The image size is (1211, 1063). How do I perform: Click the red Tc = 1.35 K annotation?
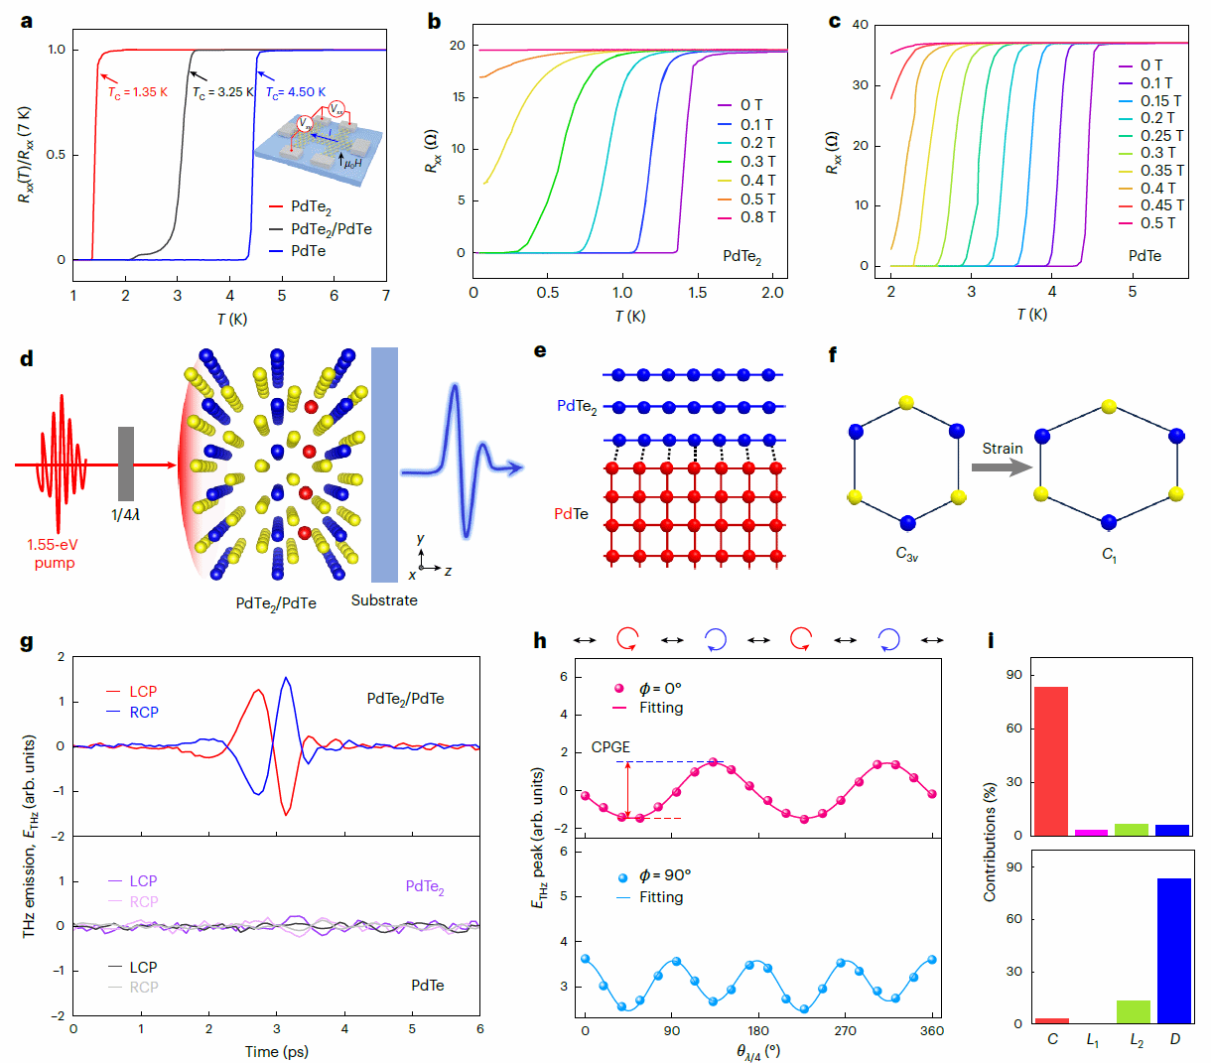tap(138, 92)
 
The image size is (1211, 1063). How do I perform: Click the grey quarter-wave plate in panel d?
tap(126, 464)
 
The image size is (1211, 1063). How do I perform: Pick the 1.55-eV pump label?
tap(54, 554)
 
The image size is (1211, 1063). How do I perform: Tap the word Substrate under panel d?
tap(384, 600)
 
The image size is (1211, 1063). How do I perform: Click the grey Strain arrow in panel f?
tap(1002, 466)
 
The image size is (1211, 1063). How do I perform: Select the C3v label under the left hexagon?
tap(906, 555)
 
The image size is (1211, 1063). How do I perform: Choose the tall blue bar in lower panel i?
tap(1173, 950)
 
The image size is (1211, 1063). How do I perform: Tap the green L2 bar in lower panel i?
tap(1134, 1011)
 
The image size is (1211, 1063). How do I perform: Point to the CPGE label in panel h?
tap(610, 747)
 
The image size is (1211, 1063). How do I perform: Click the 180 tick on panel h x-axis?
tap(758, 1031)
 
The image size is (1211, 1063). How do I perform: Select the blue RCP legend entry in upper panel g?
tap(143, 713)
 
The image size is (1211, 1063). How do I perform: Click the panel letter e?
tap(540, 350)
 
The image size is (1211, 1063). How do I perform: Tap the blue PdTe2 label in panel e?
tap(577, 406)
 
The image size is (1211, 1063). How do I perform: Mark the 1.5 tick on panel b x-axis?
tap(698, 293)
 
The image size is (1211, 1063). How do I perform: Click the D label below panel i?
tap(1174, 1039)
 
